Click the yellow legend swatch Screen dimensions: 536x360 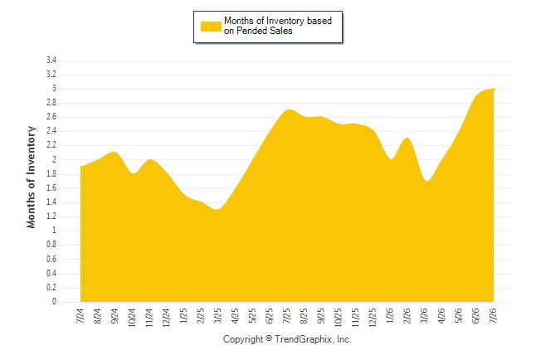tap(211, 27)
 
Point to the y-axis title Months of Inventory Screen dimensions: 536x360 tap(31, 177)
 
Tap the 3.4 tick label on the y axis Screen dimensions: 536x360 tap(51, 61)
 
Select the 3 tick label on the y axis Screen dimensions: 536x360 tap(54, 89)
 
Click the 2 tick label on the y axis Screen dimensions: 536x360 tap(54, 159)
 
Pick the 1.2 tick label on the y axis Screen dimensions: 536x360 tap(51, 216)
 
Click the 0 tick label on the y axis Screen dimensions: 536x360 tap(54, 301)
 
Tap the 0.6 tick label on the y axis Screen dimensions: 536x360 tap(51, 259)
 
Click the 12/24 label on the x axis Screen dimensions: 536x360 tap(167, 317)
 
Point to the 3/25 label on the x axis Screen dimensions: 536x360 tap(217, 315)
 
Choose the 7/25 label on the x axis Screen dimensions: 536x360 tap(286, 315)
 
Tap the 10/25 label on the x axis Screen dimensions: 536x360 tap(338, 317)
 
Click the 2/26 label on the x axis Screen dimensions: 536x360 tap(407, 315)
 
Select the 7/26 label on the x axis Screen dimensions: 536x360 tap(493, 315)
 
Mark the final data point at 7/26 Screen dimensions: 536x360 tap(494, 89)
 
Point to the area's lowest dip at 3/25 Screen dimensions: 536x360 tap(217, 209)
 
